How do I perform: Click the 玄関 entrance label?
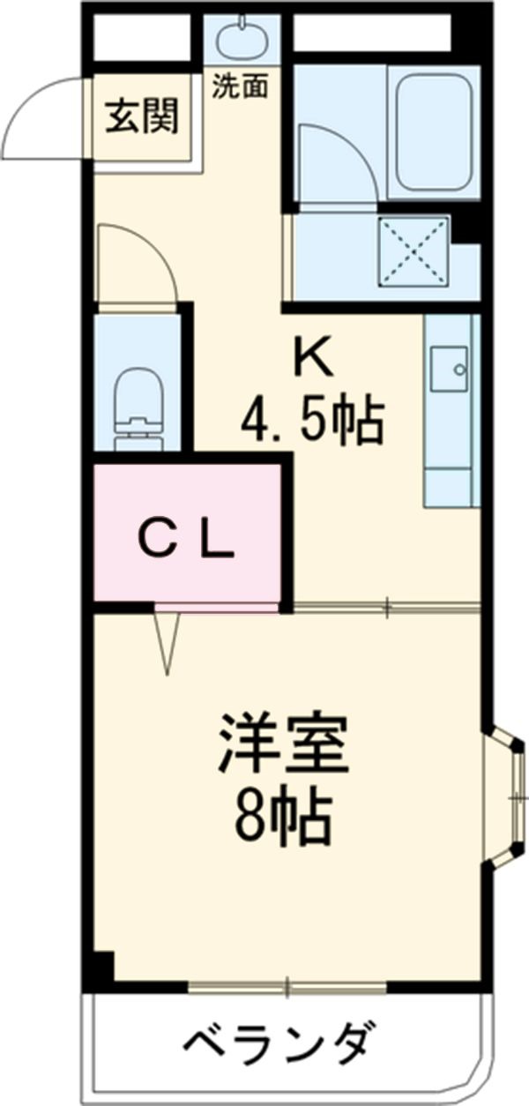tap(143, 116)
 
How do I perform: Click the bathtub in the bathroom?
tap(431, 131)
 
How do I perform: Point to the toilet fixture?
tap(142, 405)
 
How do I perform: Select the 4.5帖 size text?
tap(313, 422)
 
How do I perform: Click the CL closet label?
tap(188, 540)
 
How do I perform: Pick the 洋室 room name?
tap(283, 745)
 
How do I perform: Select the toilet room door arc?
tap(137, 260)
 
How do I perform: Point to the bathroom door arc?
tap(339, 159)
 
